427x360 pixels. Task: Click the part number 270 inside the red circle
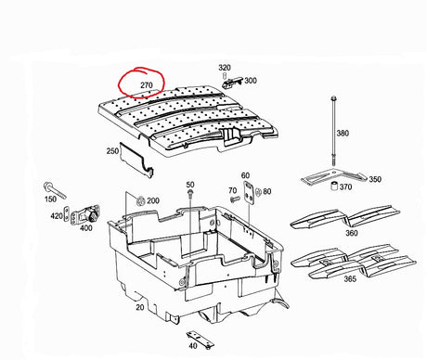point(147,85)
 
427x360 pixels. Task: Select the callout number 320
point(225,68)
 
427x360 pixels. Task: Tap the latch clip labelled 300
point(231,83)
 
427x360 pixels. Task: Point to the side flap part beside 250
point(136,161)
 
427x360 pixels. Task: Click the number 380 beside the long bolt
point(343,134)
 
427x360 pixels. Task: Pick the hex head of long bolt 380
point(333,98)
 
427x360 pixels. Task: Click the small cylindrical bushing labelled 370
point(334,186)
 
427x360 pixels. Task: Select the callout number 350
point(375,179)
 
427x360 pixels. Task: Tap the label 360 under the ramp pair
point(352,233)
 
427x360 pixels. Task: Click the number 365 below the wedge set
point(350,279)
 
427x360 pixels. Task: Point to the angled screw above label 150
point(56,189)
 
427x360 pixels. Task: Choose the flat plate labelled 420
point(66,214)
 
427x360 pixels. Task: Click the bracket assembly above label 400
point(85,214)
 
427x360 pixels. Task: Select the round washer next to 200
point(140,201)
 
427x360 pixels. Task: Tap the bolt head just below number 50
point(190,193)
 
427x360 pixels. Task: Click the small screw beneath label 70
point(234,199)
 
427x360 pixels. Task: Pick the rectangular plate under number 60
point(249,193)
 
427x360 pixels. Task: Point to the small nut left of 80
point(259,192)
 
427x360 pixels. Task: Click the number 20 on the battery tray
point(140,307)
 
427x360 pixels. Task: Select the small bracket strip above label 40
point(201,340)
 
